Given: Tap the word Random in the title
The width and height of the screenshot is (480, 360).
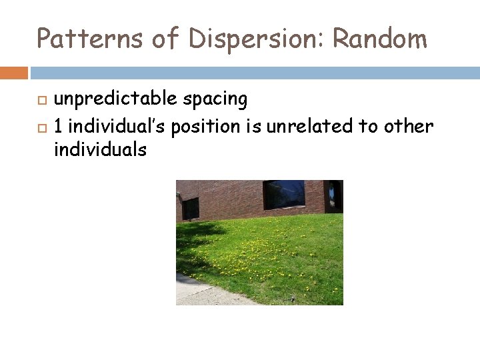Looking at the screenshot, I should pyautogui.click(x=379, y=39).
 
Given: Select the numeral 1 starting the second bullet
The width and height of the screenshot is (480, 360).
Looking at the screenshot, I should pyautogui.click(x=59, y=125).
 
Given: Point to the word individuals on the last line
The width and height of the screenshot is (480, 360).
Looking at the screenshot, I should pyautogui.click(x=100, y=150).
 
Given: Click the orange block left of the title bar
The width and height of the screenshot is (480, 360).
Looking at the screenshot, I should pyautogui.click(x=14, y=72).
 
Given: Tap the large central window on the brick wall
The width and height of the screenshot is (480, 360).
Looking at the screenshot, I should pyautogui.click(x=284, y=194).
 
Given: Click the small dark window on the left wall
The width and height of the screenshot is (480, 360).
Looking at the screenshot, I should pyautogui.click(x=191, y=208).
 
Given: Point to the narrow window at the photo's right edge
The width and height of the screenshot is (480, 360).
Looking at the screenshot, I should pyautogui.click(x=333, y=195).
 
